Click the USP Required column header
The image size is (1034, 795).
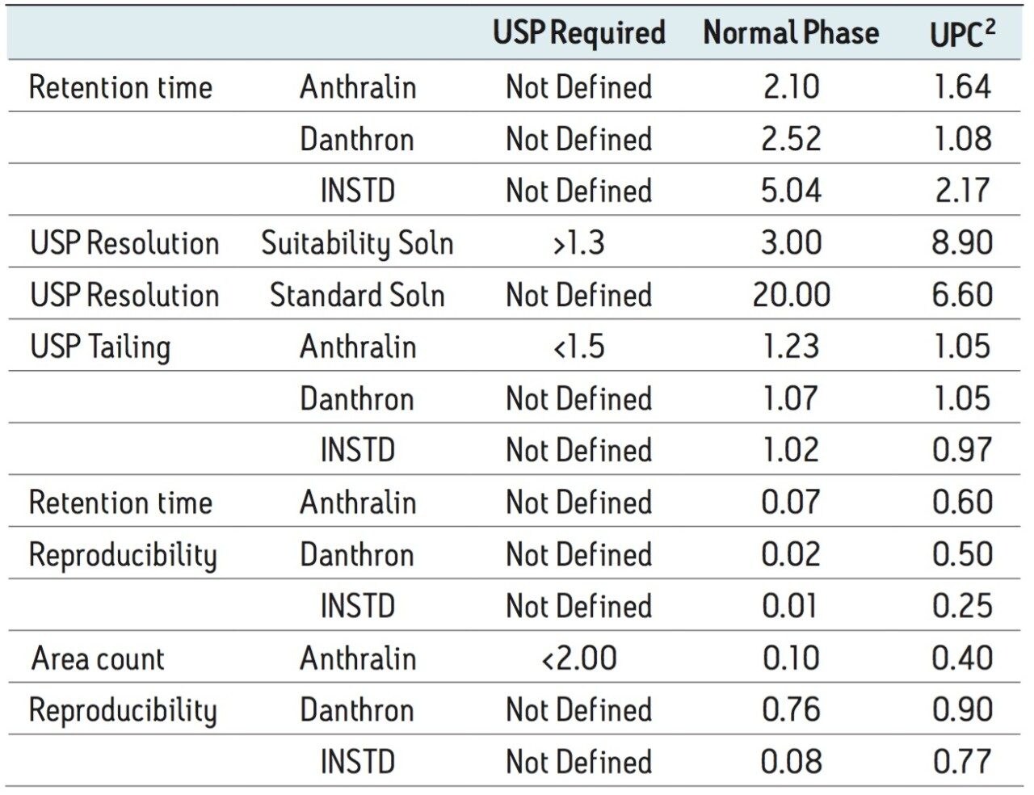pyautogui.click(x=579, y=33)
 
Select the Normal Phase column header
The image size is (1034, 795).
pyautogui.click(x=791, y=33)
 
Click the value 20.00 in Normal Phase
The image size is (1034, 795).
pyautogui.click(x=791, y=295)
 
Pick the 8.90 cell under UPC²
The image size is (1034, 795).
pyautogui.click(x=961, y=242)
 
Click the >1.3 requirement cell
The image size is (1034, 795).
pyautogui.click(x=579, y=242)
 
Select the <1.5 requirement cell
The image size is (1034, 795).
pyautogui.click(x=579, y=347)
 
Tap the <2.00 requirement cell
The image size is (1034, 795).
pyautogui.click(x=579, y=658)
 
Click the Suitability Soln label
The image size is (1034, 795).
pyautogui.click(x=357, y=243)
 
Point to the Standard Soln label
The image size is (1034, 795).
pyautogui.click(x=357, y=295)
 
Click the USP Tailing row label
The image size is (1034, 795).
pyautogui.click(x=100, y=347)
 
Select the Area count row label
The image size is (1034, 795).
pyautogui.click(x=98, y=658)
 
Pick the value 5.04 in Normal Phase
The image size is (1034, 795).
pyautogui.click(x=791, y=191)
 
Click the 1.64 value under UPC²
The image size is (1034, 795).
pyautogui.click(x=961, y=86)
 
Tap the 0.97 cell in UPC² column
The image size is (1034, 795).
pyautogui.click(x=961, y=450)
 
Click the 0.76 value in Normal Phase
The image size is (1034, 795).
pyautogui.click(x=791, y=709)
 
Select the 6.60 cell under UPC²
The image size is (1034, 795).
pyautogui.click(x=961, y=295)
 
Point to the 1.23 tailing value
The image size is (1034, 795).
pyautogui.click(x=791, y=347)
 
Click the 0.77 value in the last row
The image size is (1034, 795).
pyautogui.click(x=961, y=761)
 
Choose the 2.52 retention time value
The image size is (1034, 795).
pyautogui.click(x=791, y=139)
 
